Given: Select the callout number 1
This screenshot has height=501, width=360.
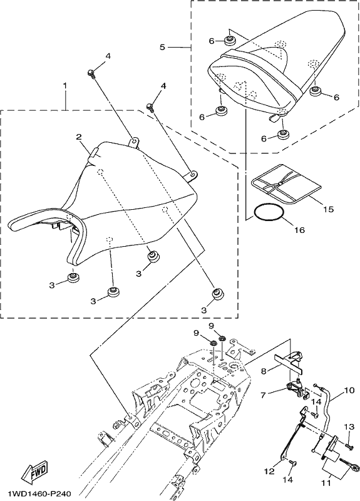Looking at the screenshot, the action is point(65,86).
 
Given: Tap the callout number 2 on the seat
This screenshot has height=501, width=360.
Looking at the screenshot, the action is point(79,137).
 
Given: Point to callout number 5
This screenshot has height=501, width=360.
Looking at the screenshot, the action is point(163,48).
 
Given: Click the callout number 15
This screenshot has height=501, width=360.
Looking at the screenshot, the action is point(328,209).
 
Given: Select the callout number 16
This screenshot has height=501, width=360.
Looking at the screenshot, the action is point(299,229).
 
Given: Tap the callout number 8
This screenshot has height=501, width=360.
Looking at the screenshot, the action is point(264,371).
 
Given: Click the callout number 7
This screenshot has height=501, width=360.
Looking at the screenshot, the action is point(263,396).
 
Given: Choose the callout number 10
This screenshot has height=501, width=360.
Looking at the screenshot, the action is point(349,390).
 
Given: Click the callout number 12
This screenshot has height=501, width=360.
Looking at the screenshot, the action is point(270,471).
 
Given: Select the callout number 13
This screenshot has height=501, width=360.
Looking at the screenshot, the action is point(349,426).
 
